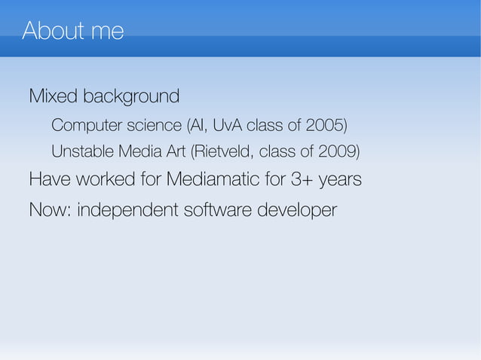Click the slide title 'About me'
pos(73,32)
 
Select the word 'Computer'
pos(84,124)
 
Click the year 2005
pos(327,124)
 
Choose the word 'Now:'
pos(50,209)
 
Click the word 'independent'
pos(127,210)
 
